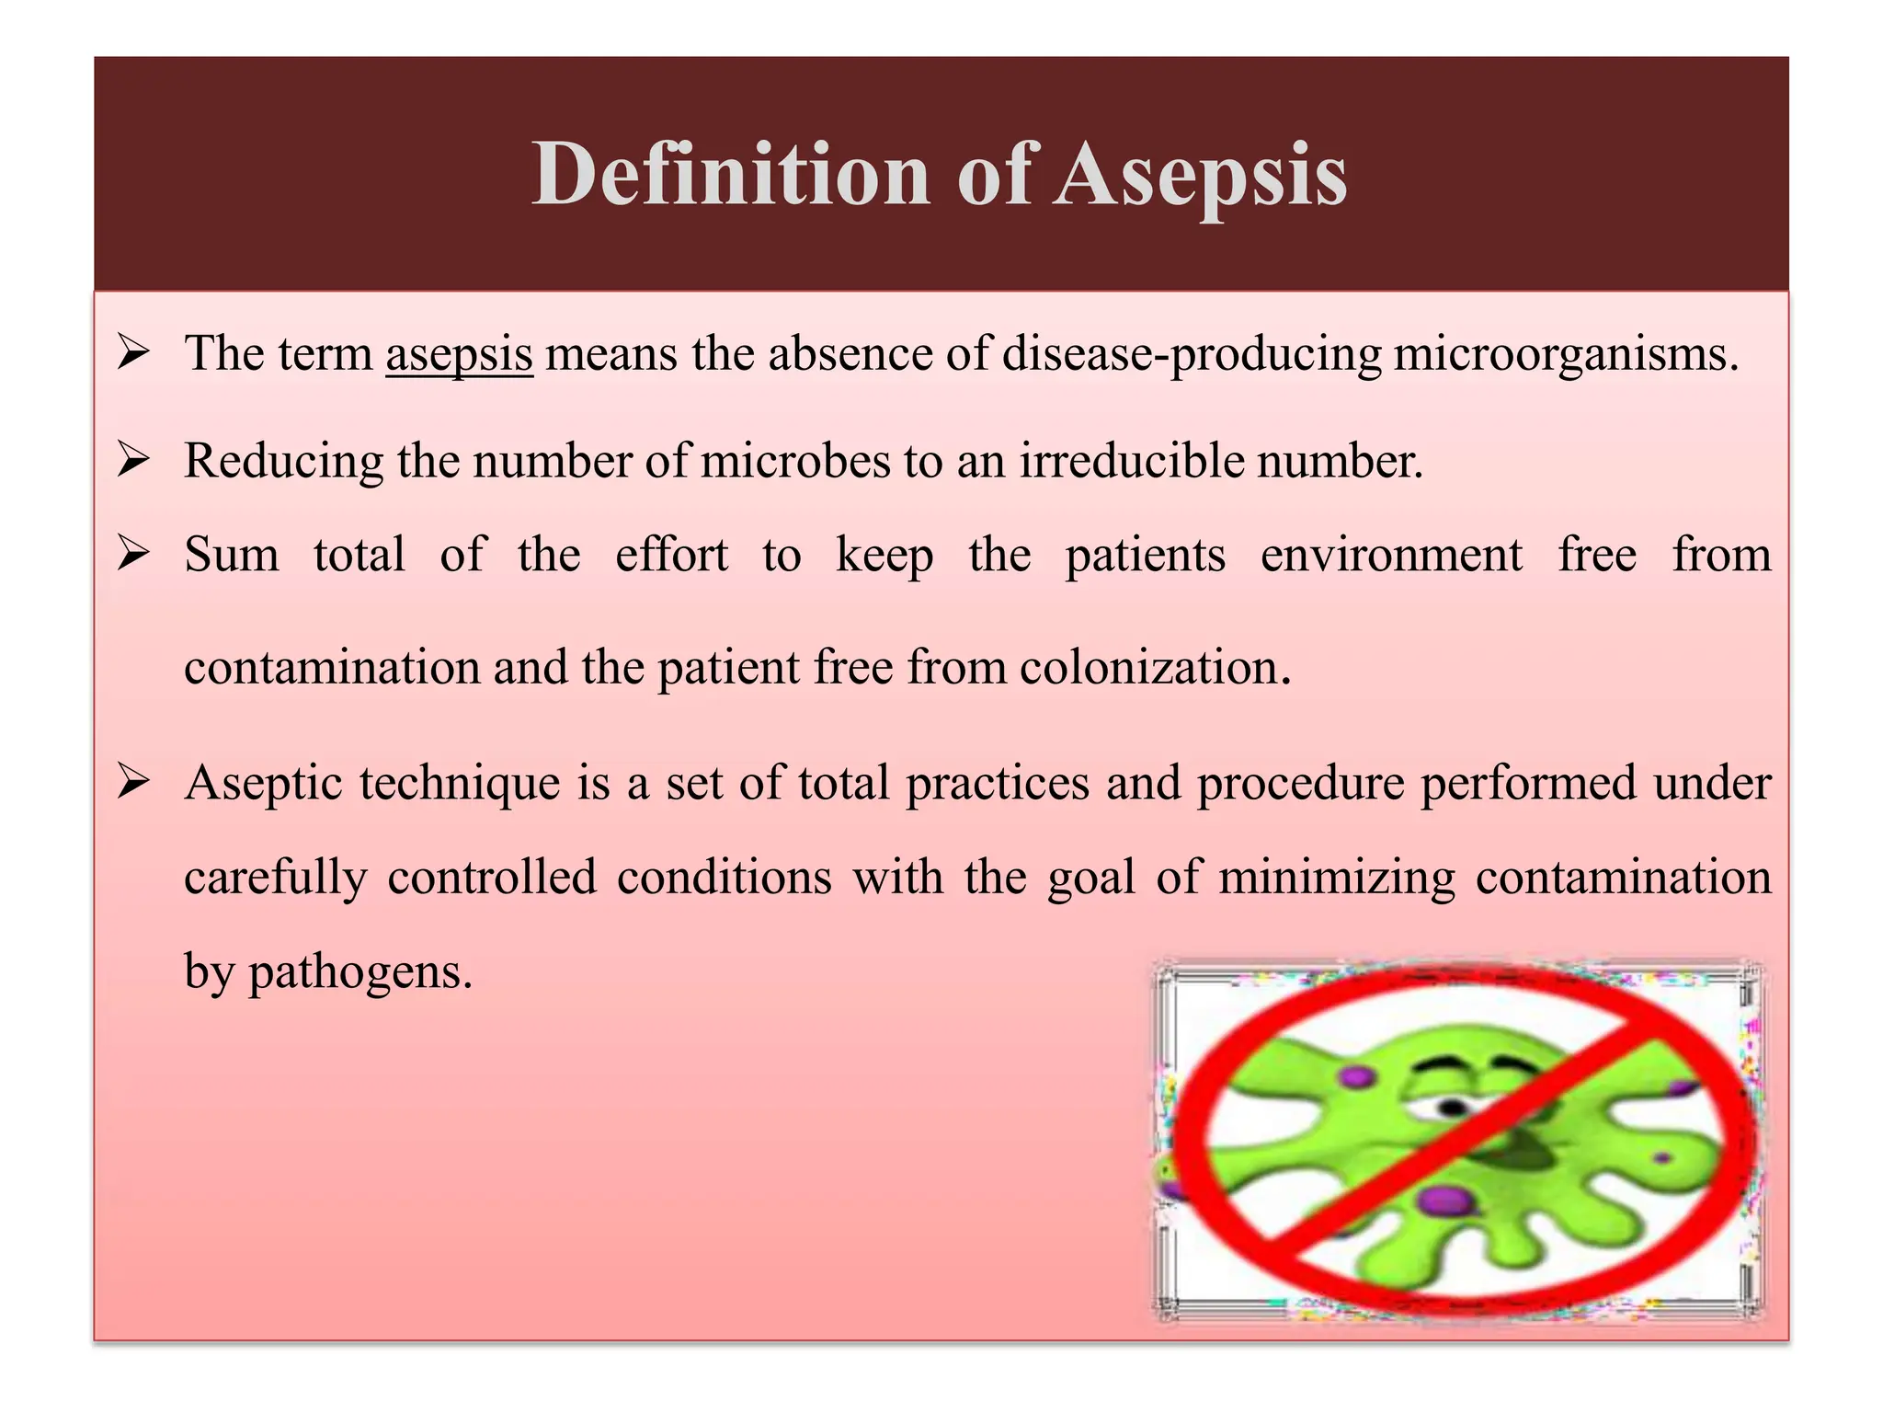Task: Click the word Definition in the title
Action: coord(731,175)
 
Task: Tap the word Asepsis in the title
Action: coord(1200,175)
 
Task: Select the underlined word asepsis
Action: coord(459,354)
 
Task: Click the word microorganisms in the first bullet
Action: coord(1565,354)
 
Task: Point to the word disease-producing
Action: coord(1192,354)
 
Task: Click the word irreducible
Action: coord(1131,461)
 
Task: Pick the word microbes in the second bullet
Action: coord(794,461)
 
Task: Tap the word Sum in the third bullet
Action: coord(232,556)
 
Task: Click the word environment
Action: coord(1391,556)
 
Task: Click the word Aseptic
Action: coord(264,785)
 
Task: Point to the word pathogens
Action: coord(359,972)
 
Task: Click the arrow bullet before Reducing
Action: coord(134,460)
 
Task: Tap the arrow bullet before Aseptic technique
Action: coord(134,783)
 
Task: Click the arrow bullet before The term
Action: coord(134,353)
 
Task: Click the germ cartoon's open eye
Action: coord(1449,1108)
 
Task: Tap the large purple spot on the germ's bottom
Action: coord(1445,1200)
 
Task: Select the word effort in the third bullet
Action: coord(671,556)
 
